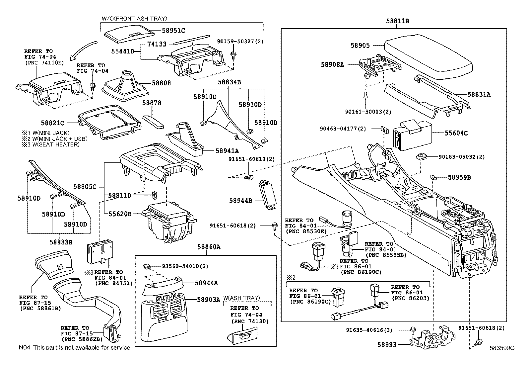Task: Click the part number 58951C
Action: pos(173,31)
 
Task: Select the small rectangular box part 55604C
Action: pos(412,135)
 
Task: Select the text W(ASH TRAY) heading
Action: pos(241,298)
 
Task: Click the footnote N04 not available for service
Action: pos(74,347)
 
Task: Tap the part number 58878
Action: pos(152,103)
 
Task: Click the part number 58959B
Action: pos(459,177)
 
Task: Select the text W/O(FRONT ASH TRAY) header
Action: pos(134,19)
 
